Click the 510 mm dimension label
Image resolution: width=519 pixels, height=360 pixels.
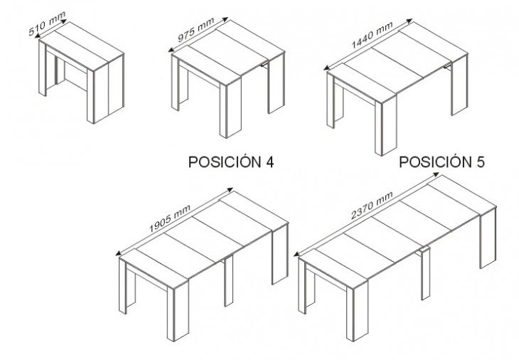(47, 23)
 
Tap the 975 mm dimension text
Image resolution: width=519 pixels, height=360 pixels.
(196, 30)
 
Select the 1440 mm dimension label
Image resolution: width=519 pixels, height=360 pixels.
(372, 35)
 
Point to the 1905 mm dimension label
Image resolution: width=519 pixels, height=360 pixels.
(169, 218)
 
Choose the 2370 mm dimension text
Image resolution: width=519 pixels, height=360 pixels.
(372, 206)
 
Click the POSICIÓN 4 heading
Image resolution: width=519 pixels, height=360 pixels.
(231, 162)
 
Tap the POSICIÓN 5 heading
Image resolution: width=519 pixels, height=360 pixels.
(442, 162)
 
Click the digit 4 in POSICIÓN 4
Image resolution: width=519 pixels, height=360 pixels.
(269, 162)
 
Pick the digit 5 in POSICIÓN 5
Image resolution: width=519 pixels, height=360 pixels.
(481, 162)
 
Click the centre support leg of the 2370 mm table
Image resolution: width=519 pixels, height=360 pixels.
(425, 274)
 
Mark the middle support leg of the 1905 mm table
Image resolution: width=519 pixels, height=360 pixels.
(228, 281)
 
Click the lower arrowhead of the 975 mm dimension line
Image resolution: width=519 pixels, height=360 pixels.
(171, 50)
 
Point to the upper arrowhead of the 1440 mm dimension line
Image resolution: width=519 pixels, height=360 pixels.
(409, 21)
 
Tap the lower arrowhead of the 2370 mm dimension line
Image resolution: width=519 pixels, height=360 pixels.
(297, 254)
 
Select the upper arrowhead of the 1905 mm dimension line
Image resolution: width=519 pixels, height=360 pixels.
(230, 190)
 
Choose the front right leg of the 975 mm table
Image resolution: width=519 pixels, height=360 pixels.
(230, 109)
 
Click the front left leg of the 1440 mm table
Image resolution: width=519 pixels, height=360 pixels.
(330, 100)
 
